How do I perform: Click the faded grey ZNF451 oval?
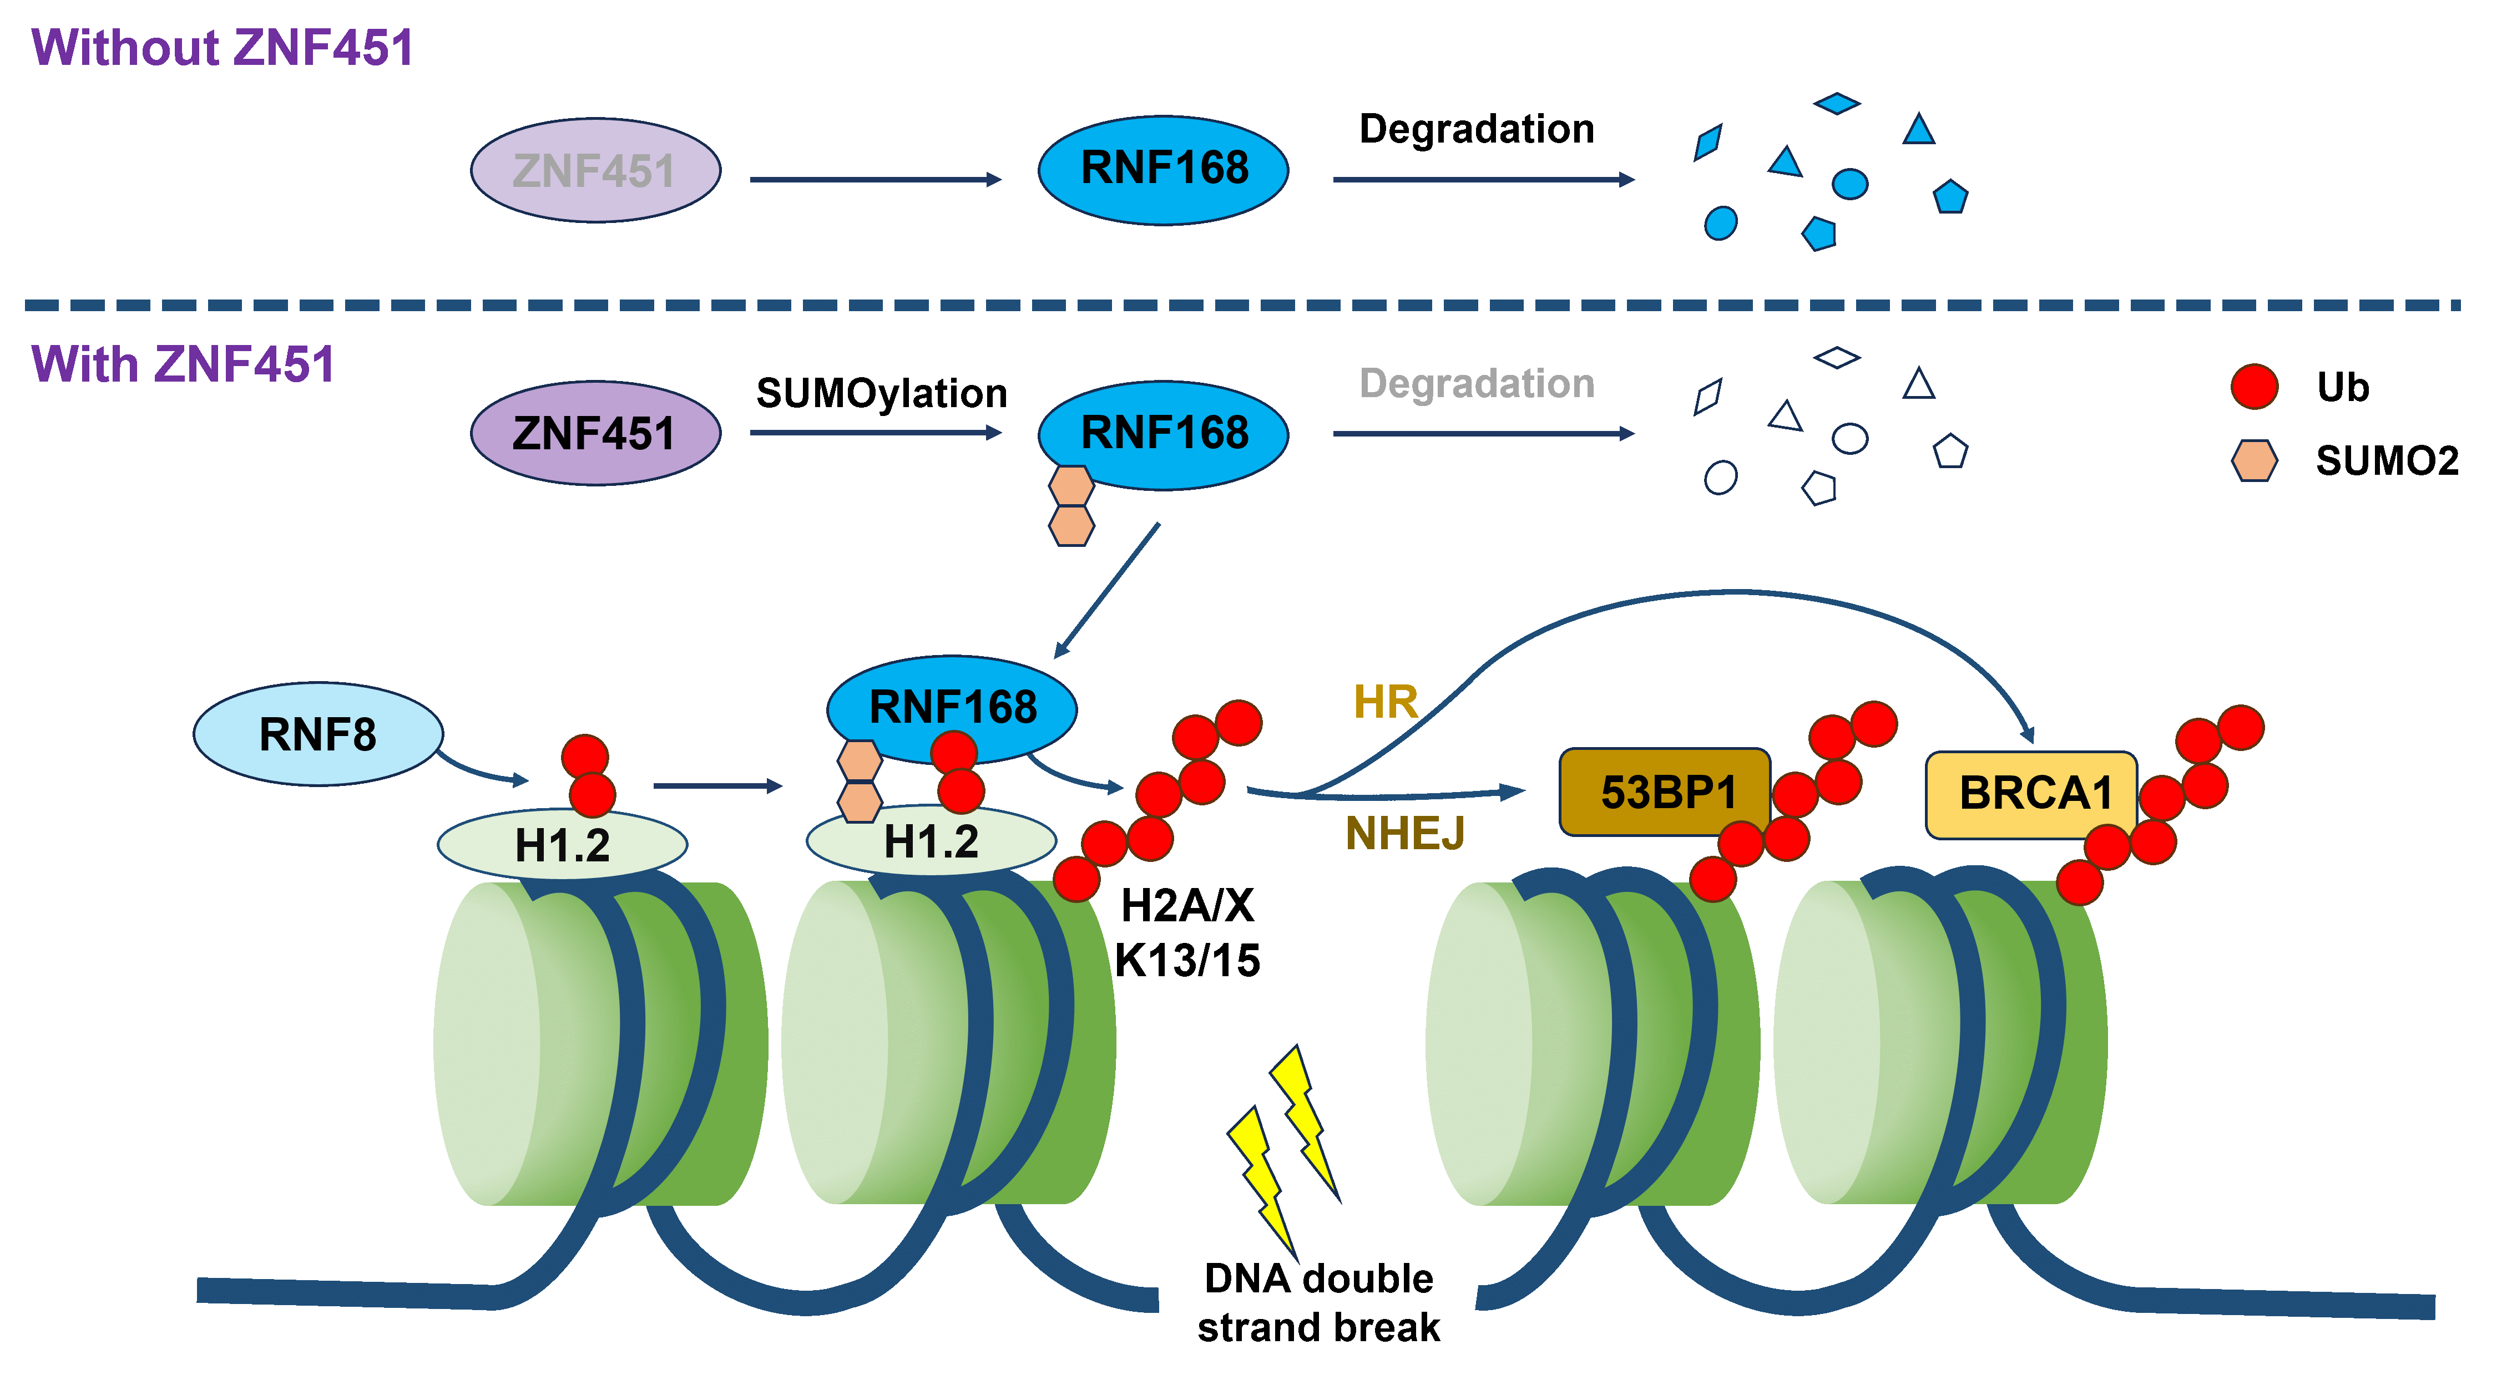pyautogui.click(x=595, y=171)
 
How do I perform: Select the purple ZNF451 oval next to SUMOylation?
pyautogui.click(x=595, y=433)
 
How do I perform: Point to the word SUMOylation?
pyautogui.click(x=881, y=393)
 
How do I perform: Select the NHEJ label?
pyautogui.click(x=1404, y=833)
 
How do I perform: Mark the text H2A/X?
pyautogui.click(x=1187, y=906)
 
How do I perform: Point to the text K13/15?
pyautogui.click(x=1187, y=960)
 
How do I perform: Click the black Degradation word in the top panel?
pyautogui.click(x=1477, y=129)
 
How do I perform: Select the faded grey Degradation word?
pyautogui.click(x=1477, y=384)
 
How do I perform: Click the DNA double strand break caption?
pyautogui.click(x=1318, y=1302)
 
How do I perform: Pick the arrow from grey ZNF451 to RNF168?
pyautogui.click(x=874, y=180)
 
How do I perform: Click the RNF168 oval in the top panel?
pyautogui.click(x=1164, y=170)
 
